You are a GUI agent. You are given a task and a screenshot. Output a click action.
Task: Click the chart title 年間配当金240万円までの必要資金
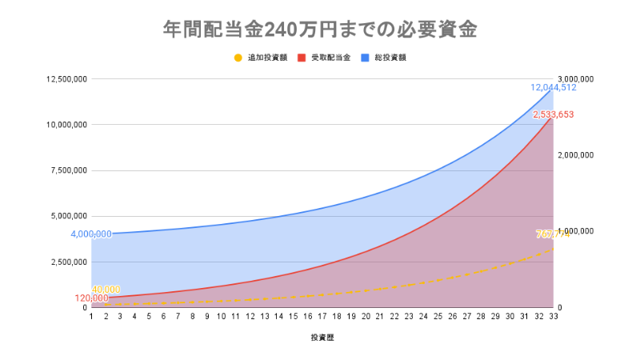(320, 30)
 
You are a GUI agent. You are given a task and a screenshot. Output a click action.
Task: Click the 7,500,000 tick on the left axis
(67, 170)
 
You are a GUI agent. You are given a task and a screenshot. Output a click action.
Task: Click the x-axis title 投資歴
(322, 338)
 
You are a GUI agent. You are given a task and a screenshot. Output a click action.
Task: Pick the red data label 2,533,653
(554, 114)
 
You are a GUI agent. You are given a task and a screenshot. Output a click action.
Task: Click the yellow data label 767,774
(553, 234)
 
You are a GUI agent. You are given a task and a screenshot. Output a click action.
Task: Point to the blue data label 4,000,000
(91, 234)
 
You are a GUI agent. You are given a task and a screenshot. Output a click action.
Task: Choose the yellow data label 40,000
(106, 290)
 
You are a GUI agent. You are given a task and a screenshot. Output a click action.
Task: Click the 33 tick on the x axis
(552, 318)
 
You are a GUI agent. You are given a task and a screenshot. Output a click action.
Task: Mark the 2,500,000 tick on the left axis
(67, 262)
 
